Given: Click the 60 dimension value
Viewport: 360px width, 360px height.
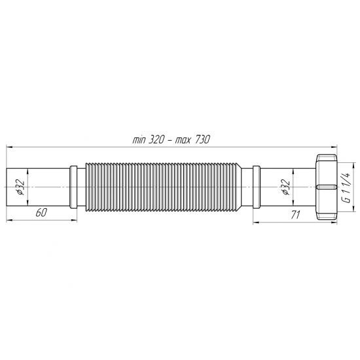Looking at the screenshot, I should [x=41, y=213].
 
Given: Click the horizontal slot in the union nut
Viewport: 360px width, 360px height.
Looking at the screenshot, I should [x=324, y=187].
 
